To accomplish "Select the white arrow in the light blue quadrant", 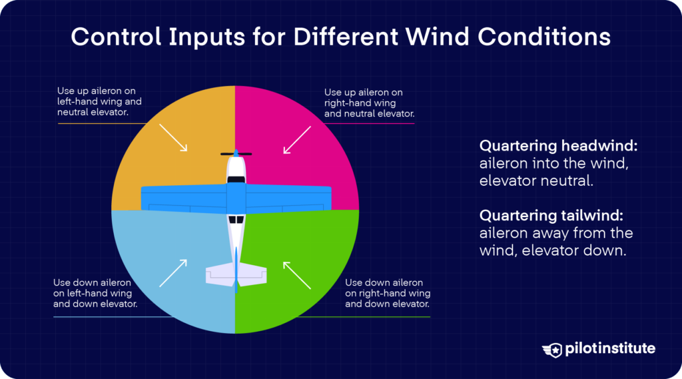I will coord(172,273).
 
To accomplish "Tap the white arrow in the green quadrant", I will coord(298,274).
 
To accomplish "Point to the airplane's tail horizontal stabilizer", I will coord(236,274).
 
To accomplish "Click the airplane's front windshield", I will coord(236,179).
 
